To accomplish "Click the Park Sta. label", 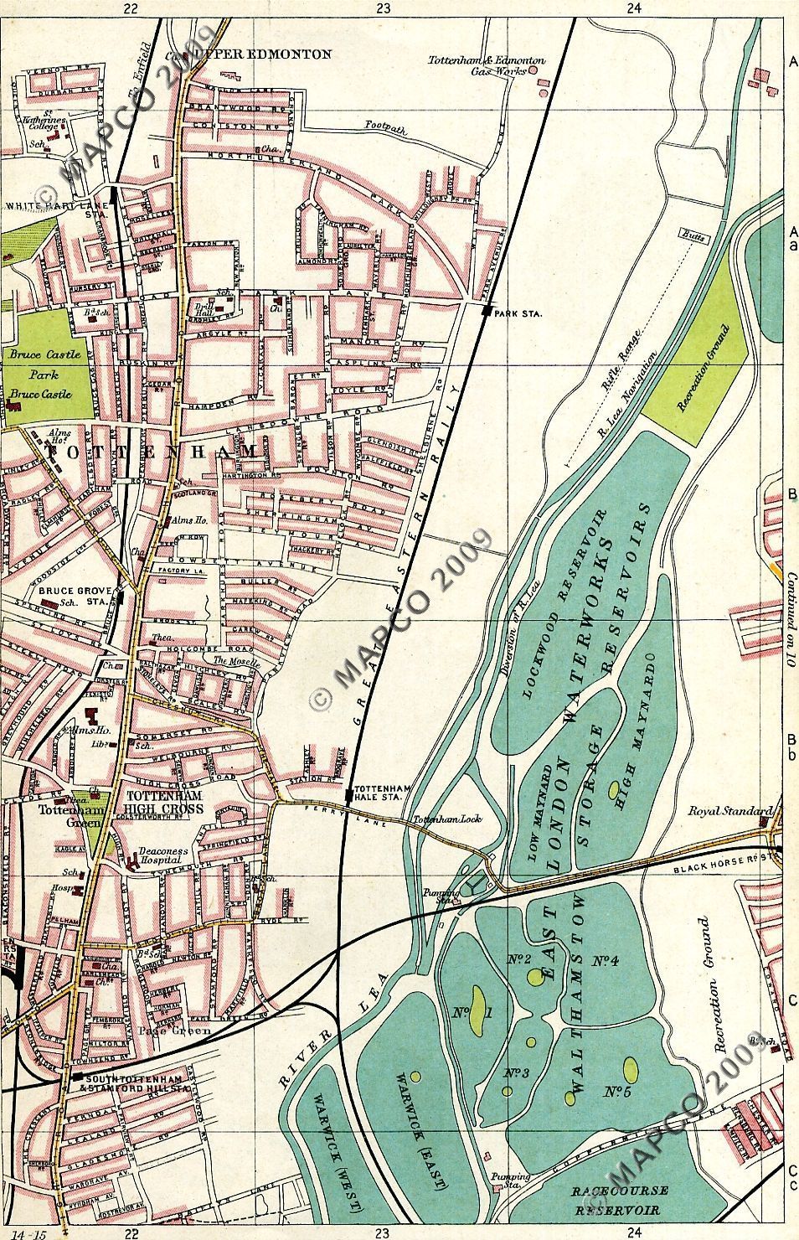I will (x=519, y=313).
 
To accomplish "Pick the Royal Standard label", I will (x=729, y=811).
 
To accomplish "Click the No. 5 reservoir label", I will (x=616, y=1092).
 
